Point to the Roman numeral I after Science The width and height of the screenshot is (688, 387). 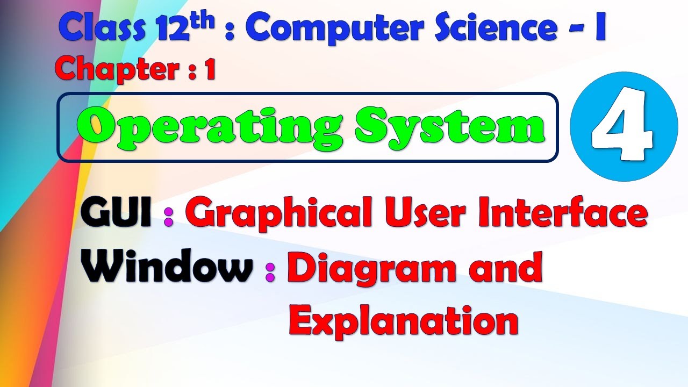[x=600, y=30]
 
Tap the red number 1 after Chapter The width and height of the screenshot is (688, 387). [x=209, y=70]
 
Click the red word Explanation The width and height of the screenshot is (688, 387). [x=403, y=321]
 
